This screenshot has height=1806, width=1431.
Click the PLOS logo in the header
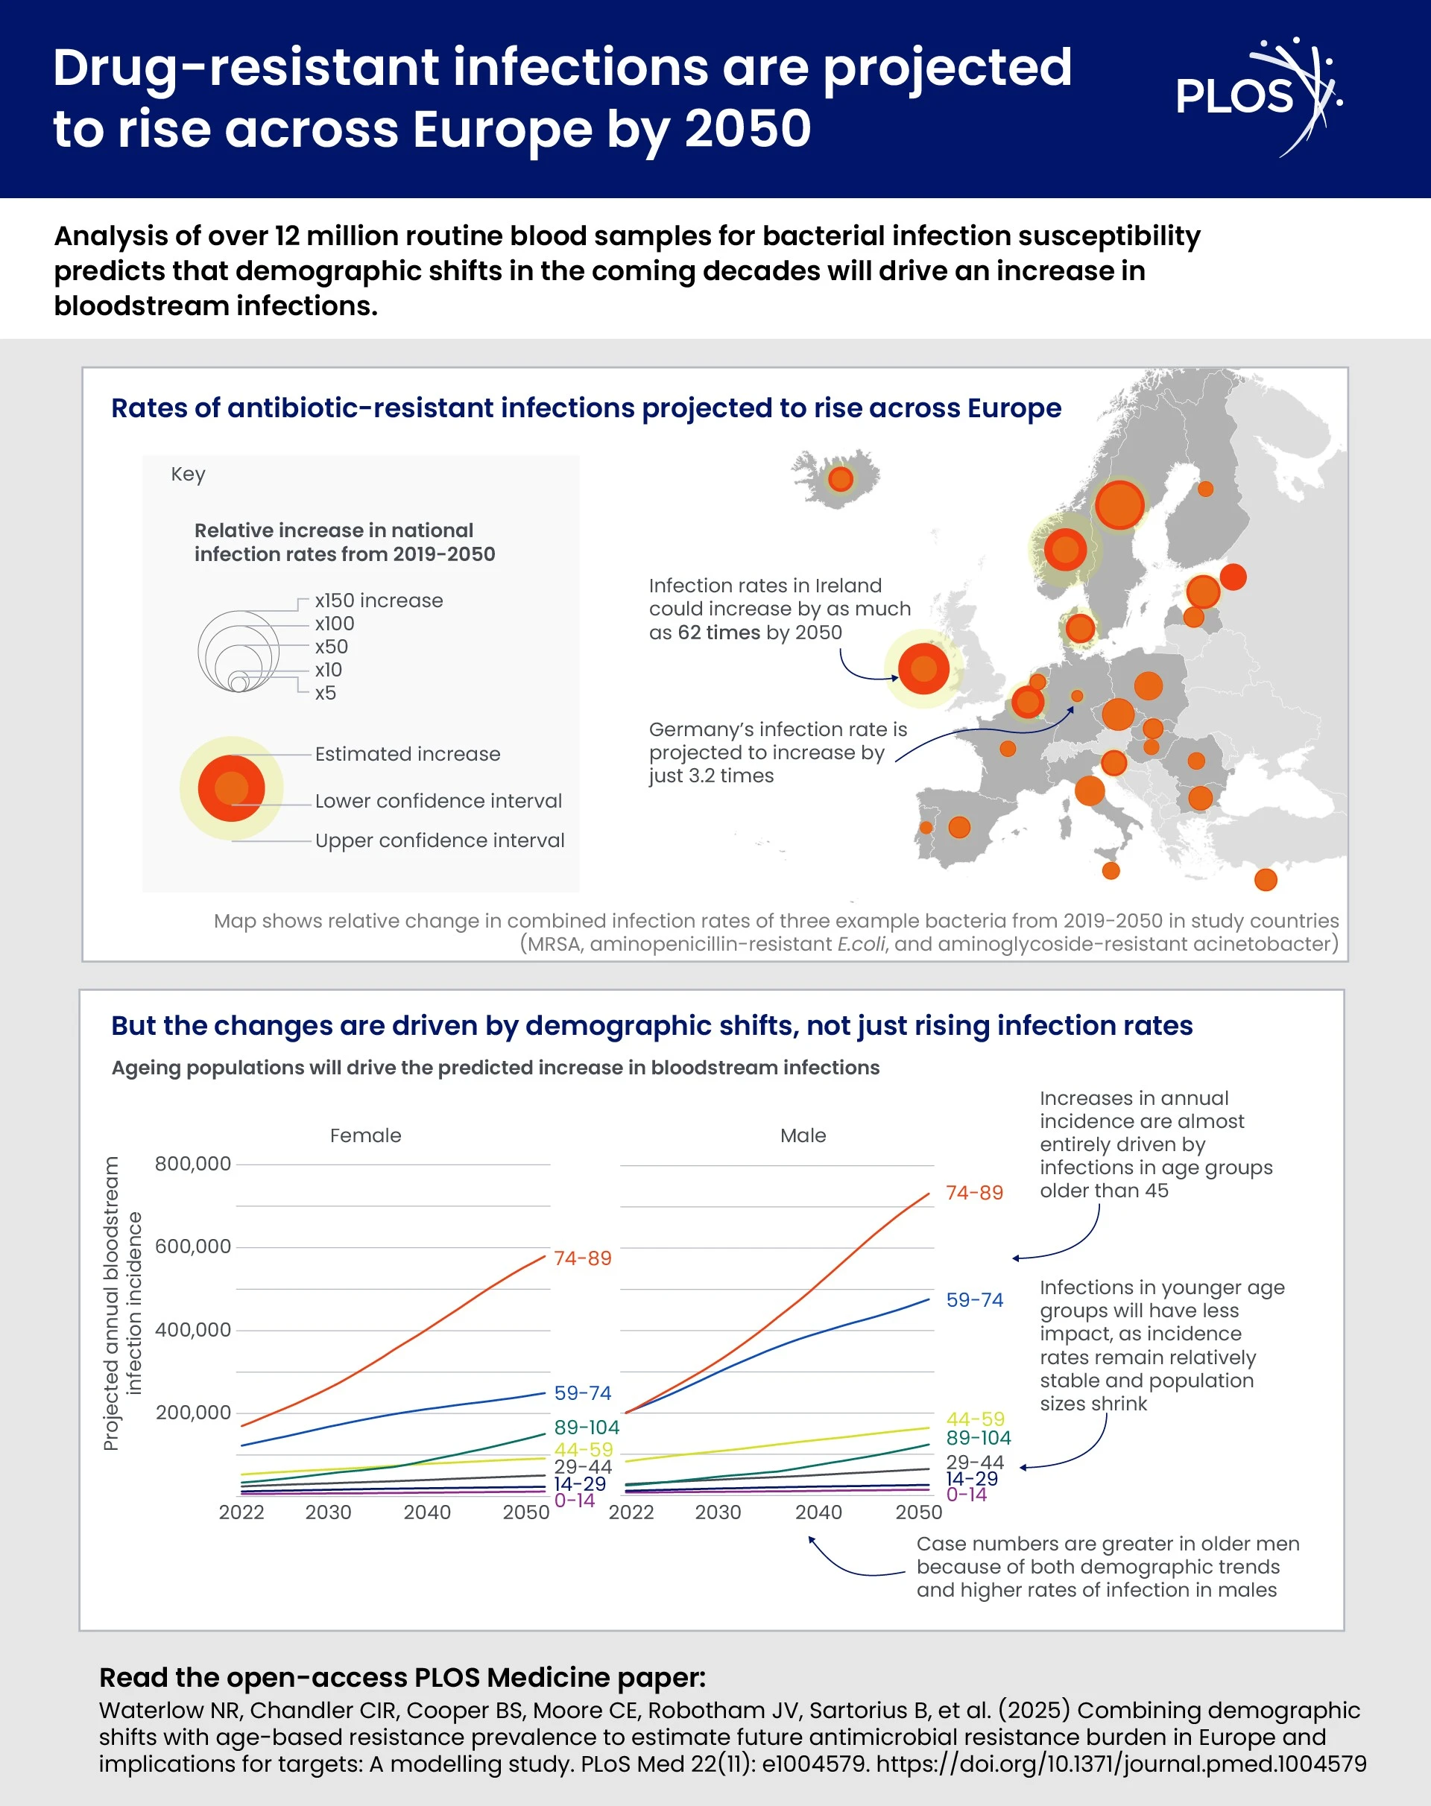click(x=1257, y=96)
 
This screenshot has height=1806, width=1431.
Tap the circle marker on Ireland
click(x=923, y=668)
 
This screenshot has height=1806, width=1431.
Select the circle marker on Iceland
click(x=840, y=479)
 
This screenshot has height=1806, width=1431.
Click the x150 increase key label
click(x=379, y=601)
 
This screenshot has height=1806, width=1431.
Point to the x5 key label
click(x=325, y=693)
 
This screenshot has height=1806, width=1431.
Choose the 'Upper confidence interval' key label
click(x=439, y=840)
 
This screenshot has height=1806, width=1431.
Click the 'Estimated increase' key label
click(x=407, y=754)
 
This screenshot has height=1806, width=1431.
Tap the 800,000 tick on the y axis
click(x=193, y=1164)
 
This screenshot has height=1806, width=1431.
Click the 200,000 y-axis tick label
click(x=193, y=1413)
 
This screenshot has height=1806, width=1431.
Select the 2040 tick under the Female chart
click(x=426, y=1512)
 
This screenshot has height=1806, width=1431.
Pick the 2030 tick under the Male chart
click(x=718, y=1512)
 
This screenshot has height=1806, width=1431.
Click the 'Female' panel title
click(x=365, y=1135)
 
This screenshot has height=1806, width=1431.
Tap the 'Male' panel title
click(x=803, y=1135)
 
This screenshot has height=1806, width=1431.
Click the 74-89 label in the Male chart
click(x=973, y=1192)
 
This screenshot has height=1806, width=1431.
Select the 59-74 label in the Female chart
click(x=582, y=1393)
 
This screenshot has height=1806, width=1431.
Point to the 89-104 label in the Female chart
click(x=587, y=1428)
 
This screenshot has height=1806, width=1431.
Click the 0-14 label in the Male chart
click(x=966, y=1495)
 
